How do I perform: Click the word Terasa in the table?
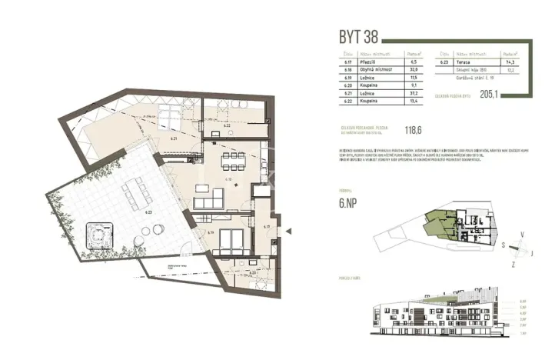[x=464, y=64]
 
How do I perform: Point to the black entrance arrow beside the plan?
[x=287, y=230]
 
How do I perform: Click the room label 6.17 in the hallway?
[x=266, y=227]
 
